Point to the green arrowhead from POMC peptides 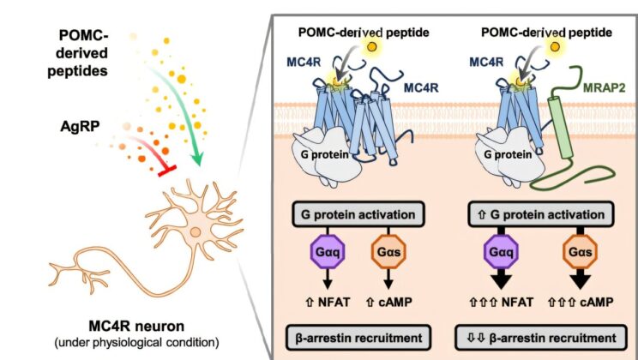pos(197,159)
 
